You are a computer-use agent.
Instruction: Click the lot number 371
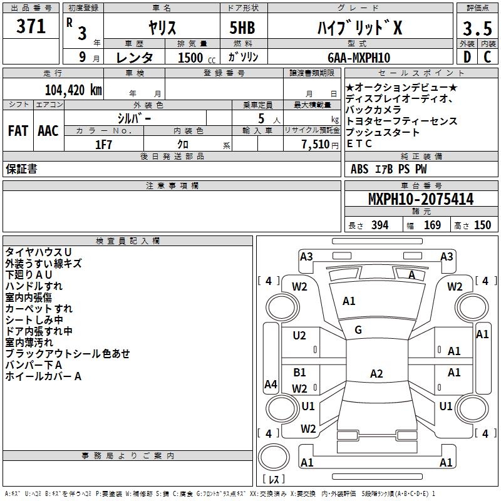pos(31,26)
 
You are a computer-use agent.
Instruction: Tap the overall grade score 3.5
pos(477,28)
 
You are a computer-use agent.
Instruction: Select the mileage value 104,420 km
pos(73,90)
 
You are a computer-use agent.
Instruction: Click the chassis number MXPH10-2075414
pos(421,199)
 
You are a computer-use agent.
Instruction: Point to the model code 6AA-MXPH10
pos(359,58)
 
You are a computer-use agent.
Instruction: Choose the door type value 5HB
pos(242,28)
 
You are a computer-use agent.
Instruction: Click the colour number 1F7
pos(103,145)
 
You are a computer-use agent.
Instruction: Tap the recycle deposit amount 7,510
pos(316,145)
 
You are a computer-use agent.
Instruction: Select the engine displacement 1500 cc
pos(197,58)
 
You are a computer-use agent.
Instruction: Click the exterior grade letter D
pos(467,57)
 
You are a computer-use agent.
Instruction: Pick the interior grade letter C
pos(487,57)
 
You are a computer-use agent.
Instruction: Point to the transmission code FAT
pos(18,131)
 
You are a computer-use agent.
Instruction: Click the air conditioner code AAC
pos(48,131)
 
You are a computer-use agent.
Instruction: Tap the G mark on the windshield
pos(358,330)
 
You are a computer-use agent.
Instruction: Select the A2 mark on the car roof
pos(376,373)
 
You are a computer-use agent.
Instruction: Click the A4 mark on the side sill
pos(271,384)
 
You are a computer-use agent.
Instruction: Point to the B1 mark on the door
pos(299,372)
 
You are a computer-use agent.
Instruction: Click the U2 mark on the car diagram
pos(299,336)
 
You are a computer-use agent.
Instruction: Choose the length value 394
pos(380,225)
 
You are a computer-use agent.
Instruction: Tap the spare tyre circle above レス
pos(274,457)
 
